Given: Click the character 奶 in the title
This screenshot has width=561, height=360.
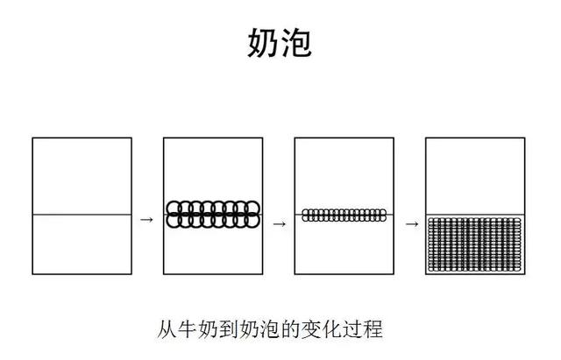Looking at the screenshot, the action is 262,43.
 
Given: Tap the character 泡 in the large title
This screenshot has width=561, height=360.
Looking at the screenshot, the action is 296,43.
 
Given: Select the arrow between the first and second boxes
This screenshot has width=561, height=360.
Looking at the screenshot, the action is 146,220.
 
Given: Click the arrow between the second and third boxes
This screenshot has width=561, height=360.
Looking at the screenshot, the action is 280,224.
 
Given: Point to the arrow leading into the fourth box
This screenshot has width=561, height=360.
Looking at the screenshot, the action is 412,224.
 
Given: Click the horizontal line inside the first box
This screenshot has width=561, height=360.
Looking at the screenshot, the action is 82,215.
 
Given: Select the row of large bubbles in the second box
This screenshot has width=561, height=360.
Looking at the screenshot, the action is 213,215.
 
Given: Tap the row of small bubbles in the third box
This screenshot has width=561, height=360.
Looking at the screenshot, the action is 344,215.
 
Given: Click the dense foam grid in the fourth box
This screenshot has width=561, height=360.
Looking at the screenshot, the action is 475,244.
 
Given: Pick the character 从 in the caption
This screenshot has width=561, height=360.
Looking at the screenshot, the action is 167,329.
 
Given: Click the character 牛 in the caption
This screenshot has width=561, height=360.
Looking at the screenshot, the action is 188,329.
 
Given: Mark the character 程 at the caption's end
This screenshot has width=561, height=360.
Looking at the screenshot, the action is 373,329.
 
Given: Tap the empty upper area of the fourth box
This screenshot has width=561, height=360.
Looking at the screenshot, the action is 475,176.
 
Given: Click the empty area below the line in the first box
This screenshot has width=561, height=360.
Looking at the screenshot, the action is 82,244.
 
